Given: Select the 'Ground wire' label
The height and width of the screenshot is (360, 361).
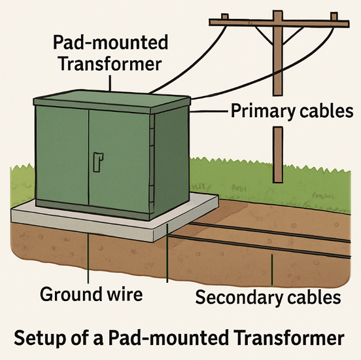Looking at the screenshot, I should click(x=91, y=294).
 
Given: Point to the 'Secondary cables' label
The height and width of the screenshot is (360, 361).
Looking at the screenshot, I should click(x=268, y=298).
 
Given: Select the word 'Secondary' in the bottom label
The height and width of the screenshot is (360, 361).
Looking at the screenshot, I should click(x=239, y=298).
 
